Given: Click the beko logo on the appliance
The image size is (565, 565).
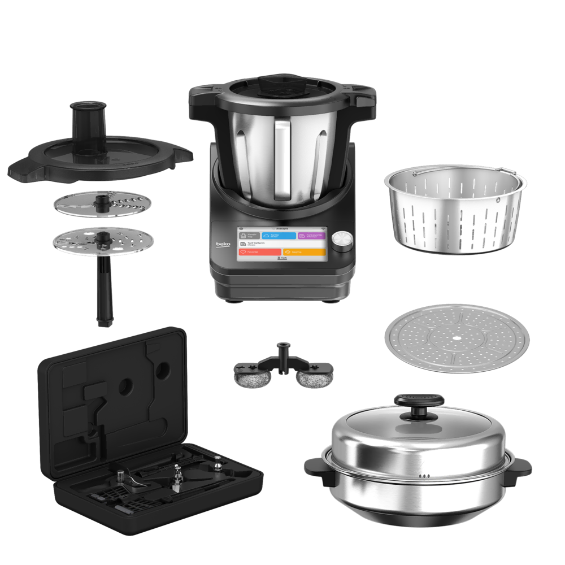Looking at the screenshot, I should (x=223, y=244).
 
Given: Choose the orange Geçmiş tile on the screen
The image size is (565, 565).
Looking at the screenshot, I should (x=304, y=253).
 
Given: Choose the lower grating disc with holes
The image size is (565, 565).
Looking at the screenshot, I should (x=102, y=242).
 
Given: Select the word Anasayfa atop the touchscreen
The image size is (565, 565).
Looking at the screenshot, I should (x=281, y=229).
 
